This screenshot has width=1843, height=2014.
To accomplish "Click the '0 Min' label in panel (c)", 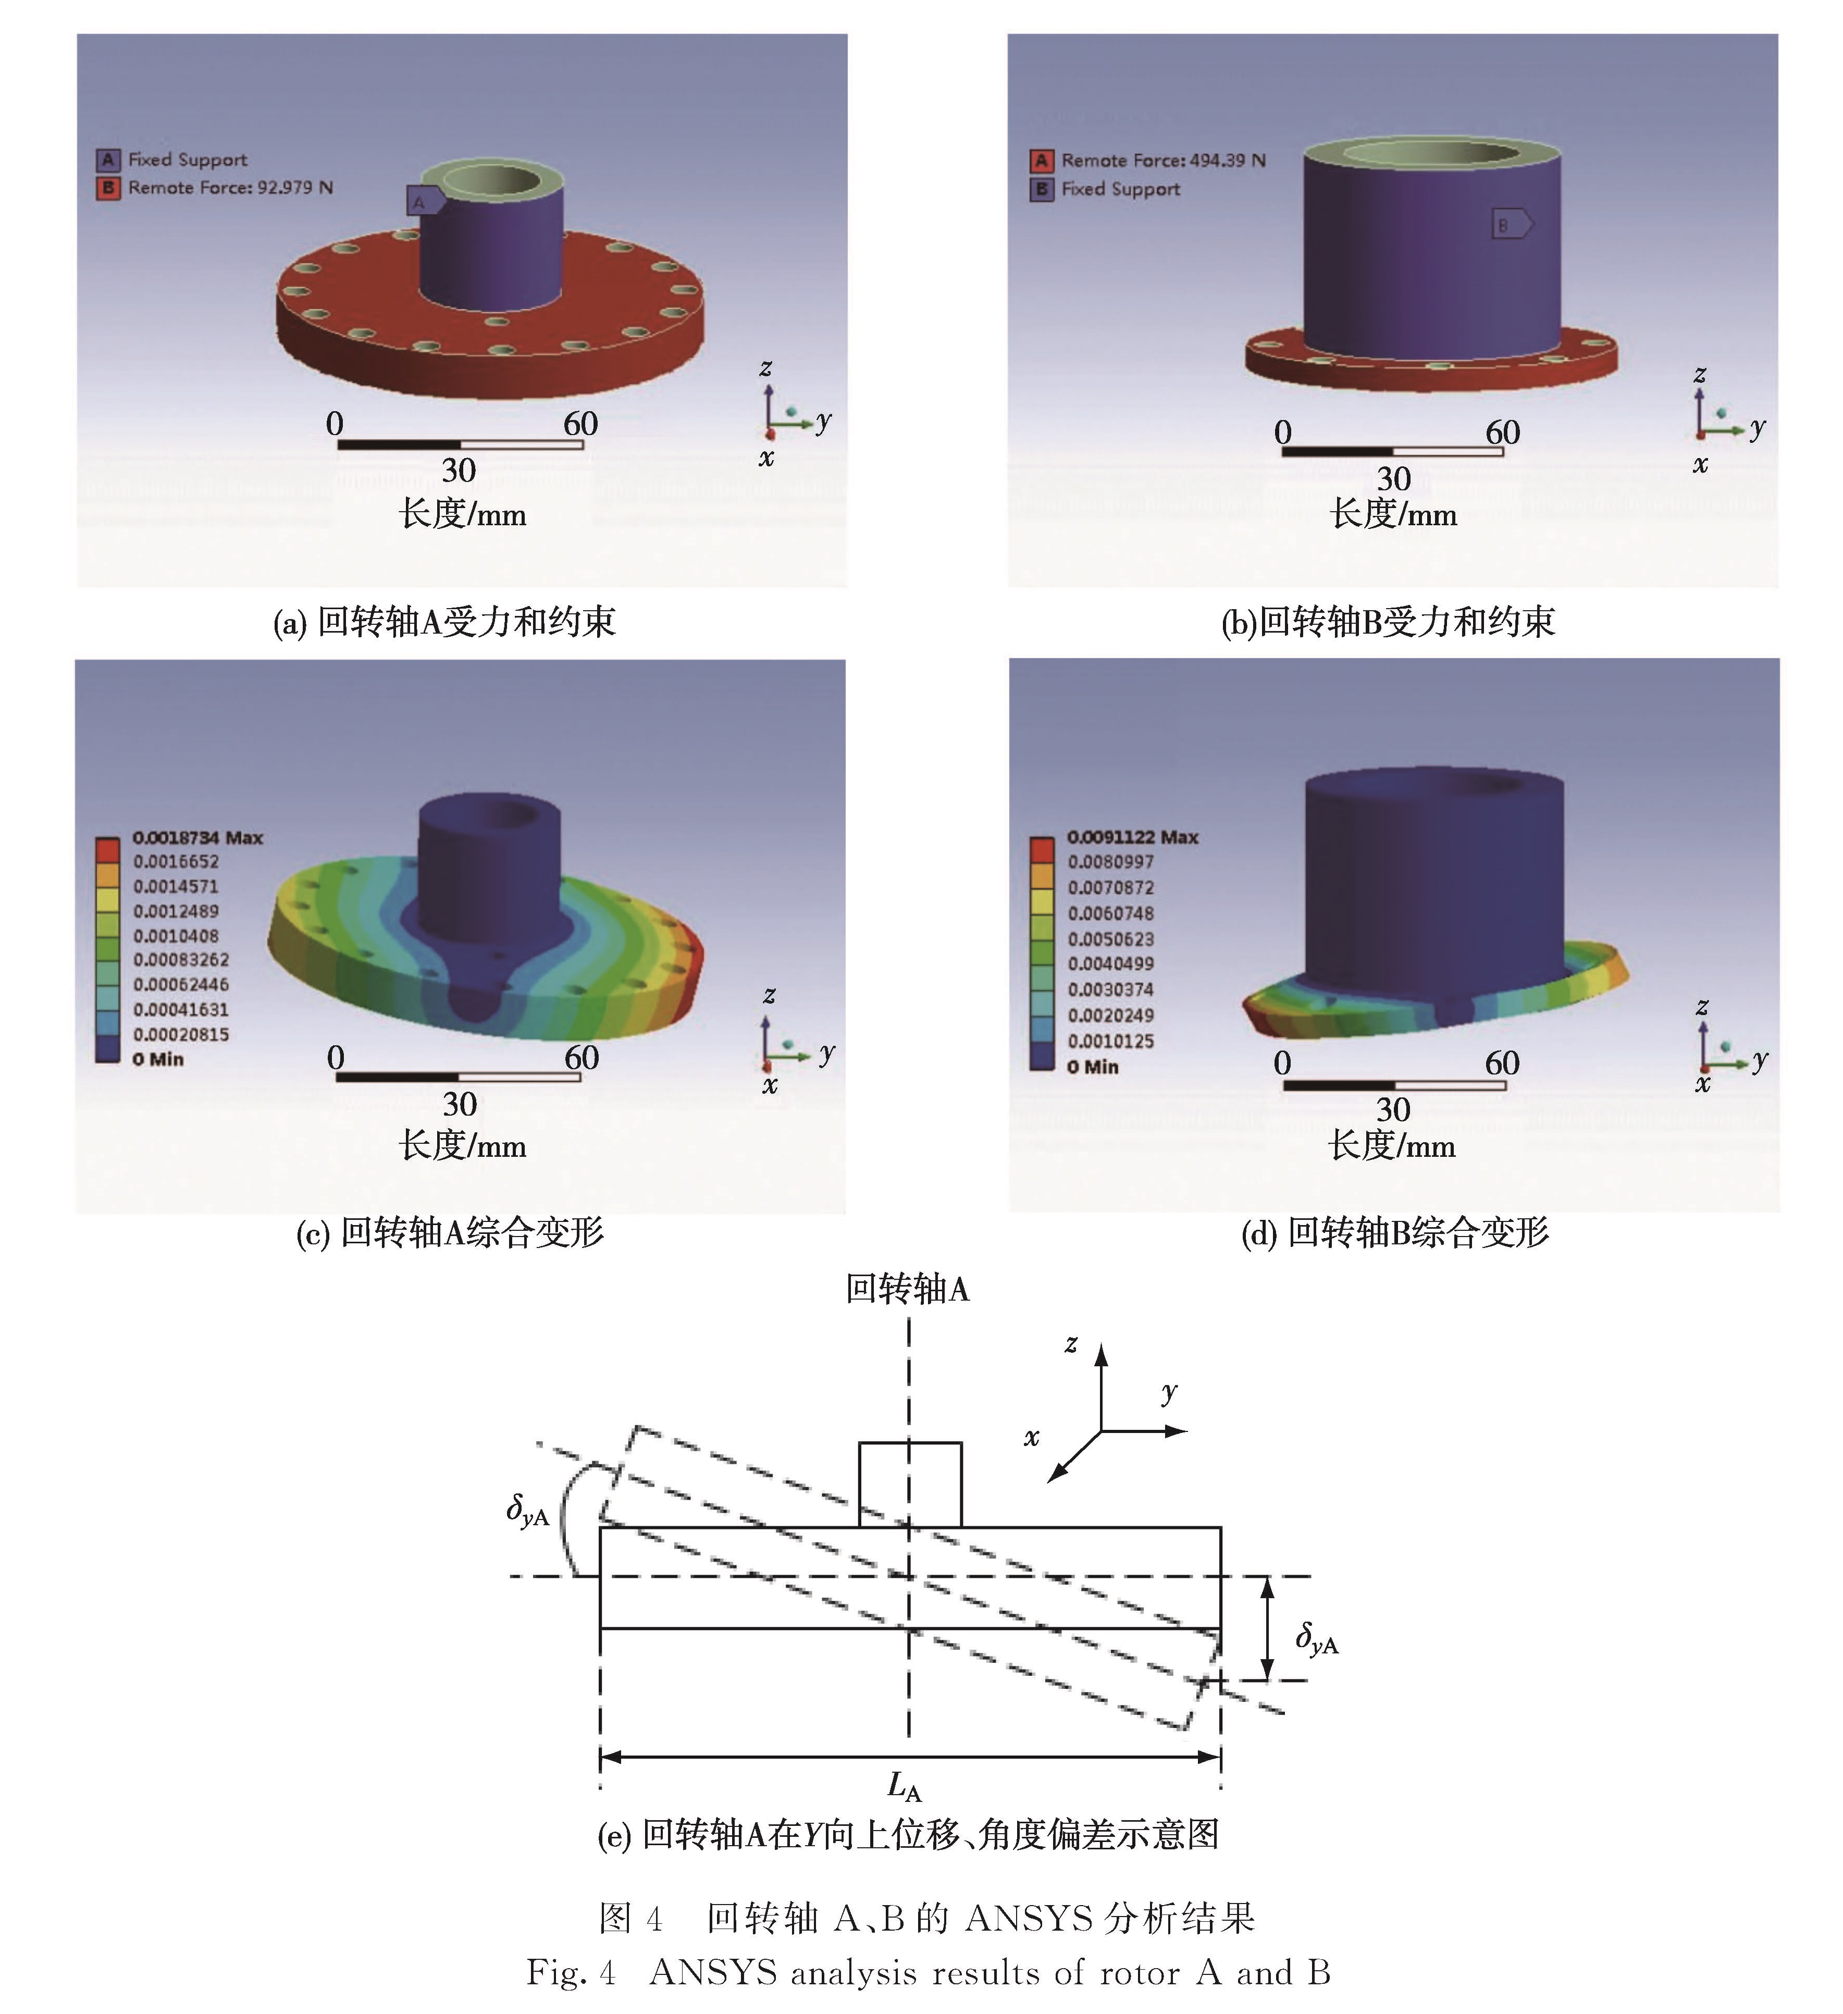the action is [158, 1059].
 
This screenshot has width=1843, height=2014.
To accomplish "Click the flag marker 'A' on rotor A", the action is [424, 201].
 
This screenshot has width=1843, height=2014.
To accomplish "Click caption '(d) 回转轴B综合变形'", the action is [1394, 1233].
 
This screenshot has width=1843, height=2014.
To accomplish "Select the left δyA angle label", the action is [527, 1511].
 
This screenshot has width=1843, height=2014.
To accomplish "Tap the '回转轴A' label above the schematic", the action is [907, 1289].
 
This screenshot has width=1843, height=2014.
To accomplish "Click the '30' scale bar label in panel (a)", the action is [459, 469].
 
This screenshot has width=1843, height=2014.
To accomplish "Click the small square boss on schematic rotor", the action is [910, 1485].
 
